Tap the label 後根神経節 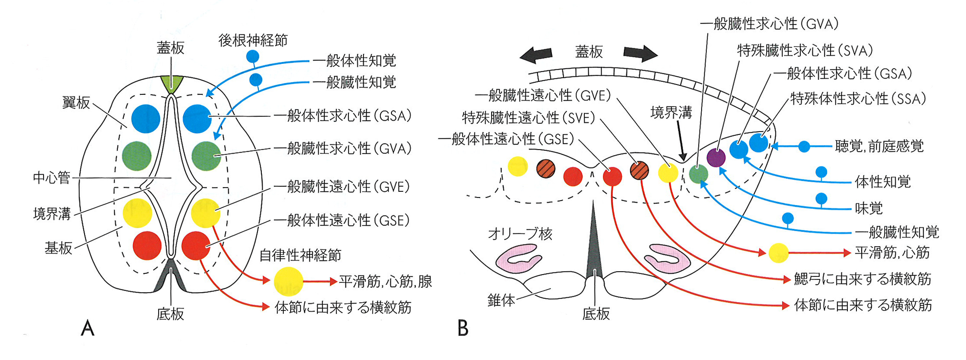pyautogui.click(x=253, y=40)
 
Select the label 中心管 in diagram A pyautogui.click(x=52, y=178)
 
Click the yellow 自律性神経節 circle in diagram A pyautogui.click(x=288, y=282)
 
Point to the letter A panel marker pyautogui.click(x=88, y=329)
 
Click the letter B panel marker pyautogui.click(x=463, y=329)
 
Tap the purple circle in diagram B pyautogui.click(x=716, y=157)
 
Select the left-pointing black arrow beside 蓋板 pyautogui.click(x=536, y=54)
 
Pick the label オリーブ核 pyautogui.click(x=520, y=234)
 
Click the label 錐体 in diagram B pyautogui.click(x=501, y=300)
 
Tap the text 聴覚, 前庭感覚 pyautogui.click(x=879, y=147)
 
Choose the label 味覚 pyautogui.click(x=869, y=209)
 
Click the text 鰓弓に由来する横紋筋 pyautogui.click(x=862, y=279)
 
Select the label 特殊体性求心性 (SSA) pyautogui.click(x=858, y=99)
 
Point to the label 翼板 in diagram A pyautogui.click(x=76, y=103)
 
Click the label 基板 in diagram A pyautogui.click(x=58, y=248)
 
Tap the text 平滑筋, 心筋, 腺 pyautogui.click(x=385, y=282)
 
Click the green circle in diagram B pyautogui.click(x=698, y=174)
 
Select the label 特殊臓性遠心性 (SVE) pyautogui.click(x=528, y=117)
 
